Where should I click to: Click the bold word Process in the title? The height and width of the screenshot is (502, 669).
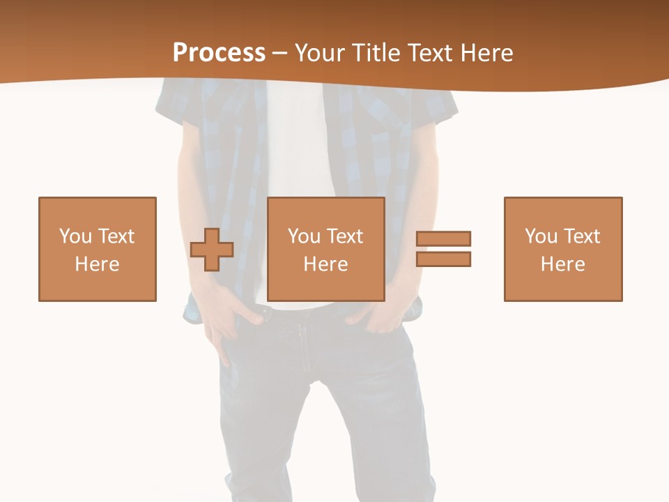coord(219,53)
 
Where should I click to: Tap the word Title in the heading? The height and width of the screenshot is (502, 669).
coord(374,53)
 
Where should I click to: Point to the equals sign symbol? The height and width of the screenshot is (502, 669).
coord(443,249)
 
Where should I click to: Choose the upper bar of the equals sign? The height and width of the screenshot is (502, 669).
coord(443,238)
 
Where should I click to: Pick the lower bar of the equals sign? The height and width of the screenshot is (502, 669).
coord(443,259)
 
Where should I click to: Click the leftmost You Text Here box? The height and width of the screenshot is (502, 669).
coord(98,249)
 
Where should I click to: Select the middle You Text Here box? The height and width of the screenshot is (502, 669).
coord(325,249)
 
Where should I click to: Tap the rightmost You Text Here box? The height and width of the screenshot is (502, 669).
coord(562,249)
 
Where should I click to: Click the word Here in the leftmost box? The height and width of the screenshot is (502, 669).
coord(98,264)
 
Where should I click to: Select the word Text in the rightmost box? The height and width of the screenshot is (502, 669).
coord(580,236)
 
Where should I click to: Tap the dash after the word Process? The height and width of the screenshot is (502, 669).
coord(280,53)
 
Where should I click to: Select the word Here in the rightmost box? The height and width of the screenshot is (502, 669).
coord(562,264)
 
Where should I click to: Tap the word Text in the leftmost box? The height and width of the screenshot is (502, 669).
coord(115,236)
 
